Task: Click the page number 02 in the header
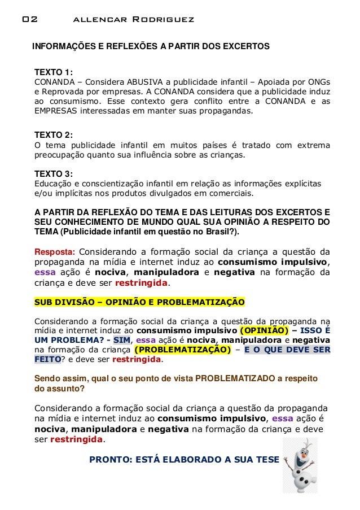[x=29, y=20]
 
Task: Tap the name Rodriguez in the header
[x=163, y=20]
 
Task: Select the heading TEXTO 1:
[x=54, y=72]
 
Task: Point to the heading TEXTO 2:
[x=54, y=135]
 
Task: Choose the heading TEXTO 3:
[x=54, y=173]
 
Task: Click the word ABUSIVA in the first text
[x=148, y=82]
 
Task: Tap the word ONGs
[x=320, y=82]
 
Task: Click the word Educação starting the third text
[x=54, y=184]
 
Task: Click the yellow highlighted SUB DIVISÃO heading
[x=139, y=302]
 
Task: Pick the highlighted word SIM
[x=121, y=340]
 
